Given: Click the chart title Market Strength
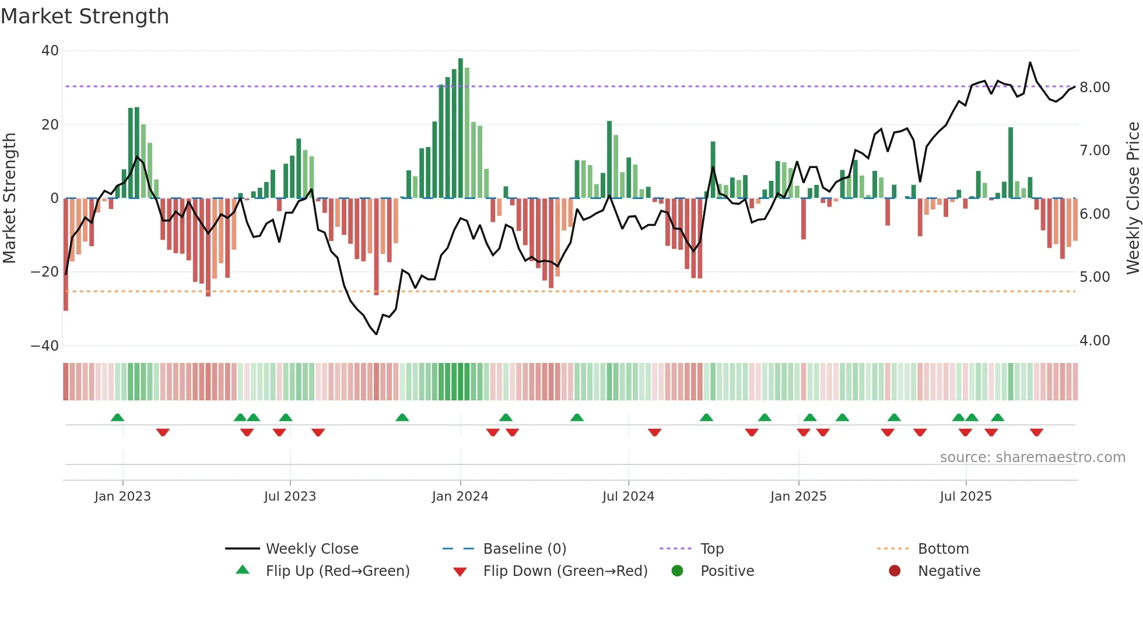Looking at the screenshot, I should pos(85,16).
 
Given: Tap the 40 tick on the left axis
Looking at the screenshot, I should pos(50,51).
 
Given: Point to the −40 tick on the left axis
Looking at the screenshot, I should pos(45,346).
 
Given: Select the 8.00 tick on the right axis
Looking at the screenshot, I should pos(1095,88).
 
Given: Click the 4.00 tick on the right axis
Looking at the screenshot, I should pos(1095,341).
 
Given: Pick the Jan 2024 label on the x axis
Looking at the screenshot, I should pos(460,497).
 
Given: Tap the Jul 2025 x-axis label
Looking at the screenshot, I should pos(966,497).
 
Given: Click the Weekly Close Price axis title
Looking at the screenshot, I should pos(1133,198).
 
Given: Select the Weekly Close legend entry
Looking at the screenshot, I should pos(311,549).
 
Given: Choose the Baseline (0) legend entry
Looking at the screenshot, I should pos(524,549).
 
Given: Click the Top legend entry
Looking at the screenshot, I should pos(711,549).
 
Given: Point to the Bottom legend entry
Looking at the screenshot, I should pos(943,549).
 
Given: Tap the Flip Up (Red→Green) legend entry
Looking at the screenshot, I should pos(337,571).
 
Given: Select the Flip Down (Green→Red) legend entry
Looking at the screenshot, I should pos(565,571).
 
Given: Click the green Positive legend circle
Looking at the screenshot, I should pos(677,571).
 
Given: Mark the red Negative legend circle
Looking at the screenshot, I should pos(895,571).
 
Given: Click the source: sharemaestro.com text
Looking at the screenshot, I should pos(1032,457).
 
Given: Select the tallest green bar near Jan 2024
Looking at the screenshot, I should pos(461,128).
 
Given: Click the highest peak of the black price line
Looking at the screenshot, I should pos(1030,62).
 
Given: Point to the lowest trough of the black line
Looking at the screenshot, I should pos(376,334).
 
